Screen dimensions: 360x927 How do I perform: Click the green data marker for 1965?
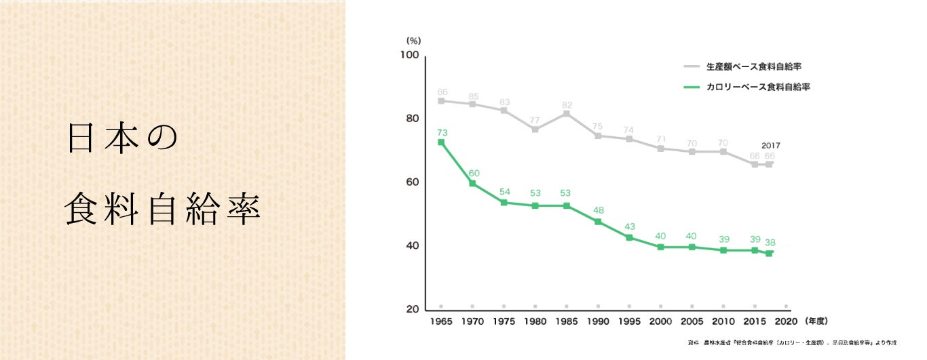441,142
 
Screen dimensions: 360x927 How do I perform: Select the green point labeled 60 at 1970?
472,184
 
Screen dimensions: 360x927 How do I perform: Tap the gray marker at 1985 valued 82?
566,113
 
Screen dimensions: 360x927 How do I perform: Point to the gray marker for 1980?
535,129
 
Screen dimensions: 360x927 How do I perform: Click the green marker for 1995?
629,238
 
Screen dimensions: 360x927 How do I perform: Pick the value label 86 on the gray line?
442,92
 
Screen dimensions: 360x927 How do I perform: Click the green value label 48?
598,209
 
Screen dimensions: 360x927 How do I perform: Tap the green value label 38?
770,242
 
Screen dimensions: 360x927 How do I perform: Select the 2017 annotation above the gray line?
770,146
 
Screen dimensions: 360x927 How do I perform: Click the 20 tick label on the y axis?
412,310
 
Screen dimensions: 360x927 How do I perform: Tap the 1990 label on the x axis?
598,321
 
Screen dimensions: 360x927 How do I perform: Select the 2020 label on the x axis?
785,321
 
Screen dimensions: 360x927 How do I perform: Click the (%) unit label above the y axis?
414,41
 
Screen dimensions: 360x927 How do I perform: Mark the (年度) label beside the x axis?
816,321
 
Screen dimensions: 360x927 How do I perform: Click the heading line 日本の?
122,138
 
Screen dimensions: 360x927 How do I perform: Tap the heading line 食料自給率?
163,211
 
